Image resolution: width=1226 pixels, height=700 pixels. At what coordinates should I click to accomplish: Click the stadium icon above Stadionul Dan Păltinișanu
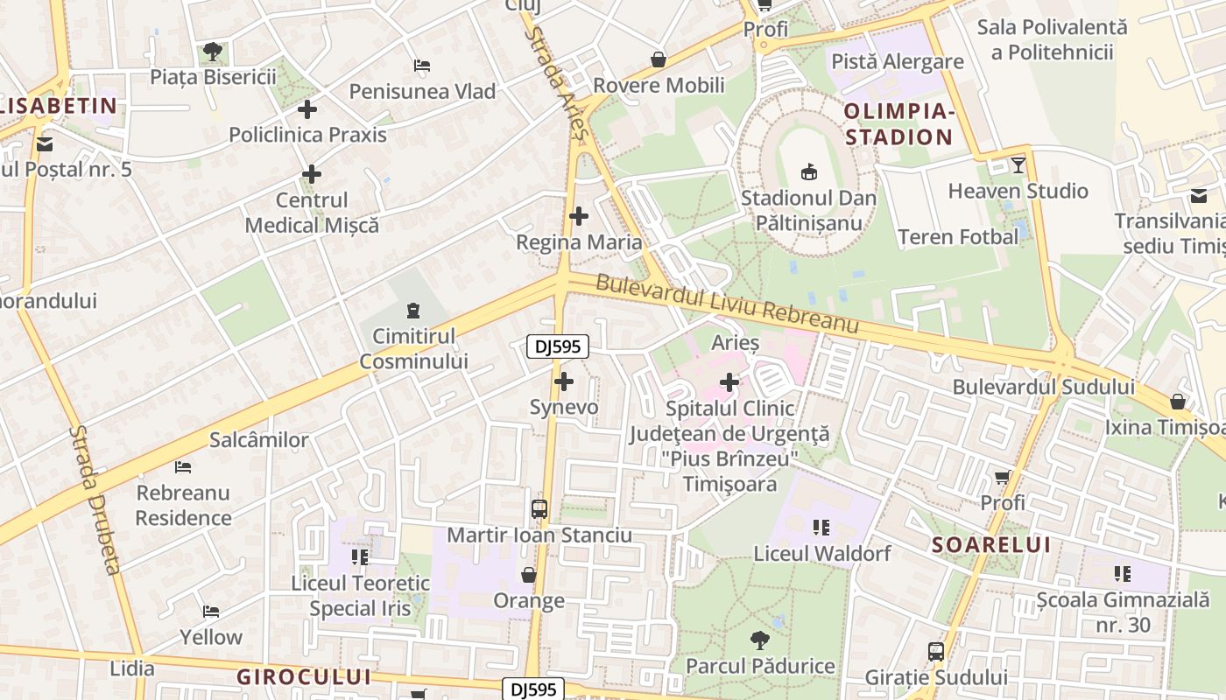[x=808, y=171]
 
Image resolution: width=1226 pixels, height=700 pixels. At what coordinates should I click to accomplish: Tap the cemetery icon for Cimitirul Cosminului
[x=412, y=310]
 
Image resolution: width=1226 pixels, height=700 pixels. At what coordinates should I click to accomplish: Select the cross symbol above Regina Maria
[x=579, y=215]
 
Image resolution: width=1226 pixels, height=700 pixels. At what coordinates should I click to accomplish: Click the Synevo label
[x=564, y=407]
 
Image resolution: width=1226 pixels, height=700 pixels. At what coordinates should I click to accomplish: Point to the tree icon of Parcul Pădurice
[x=759, y=640]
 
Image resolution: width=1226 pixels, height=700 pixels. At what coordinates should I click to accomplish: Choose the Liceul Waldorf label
[x=821, y=553]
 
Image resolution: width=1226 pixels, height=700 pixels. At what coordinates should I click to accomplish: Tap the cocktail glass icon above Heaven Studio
[x=1018, y=164]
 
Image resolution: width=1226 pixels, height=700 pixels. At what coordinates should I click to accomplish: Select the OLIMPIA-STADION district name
[x=898, y=124]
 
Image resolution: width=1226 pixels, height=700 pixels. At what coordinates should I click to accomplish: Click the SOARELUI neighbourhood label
[x=990, y=544]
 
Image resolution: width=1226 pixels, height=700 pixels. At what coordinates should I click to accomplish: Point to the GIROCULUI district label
[x=304, y=676]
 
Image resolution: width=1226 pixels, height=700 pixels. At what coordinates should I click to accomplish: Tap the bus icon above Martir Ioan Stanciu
[x=539, y=509]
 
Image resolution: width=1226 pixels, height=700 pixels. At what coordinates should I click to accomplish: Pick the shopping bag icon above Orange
[x=528, y=575]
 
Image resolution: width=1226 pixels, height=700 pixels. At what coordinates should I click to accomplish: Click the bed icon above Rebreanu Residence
[x=183, y=466]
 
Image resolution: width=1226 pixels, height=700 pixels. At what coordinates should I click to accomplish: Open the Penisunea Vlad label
[x=422, y=91]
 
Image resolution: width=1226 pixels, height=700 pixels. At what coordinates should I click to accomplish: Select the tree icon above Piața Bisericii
[x=213, y=52]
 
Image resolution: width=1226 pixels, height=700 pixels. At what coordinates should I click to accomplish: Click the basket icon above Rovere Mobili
[x=658, y=59]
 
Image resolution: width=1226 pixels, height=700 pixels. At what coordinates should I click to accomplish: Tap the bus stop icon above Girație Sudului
[x=936, y=652]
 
